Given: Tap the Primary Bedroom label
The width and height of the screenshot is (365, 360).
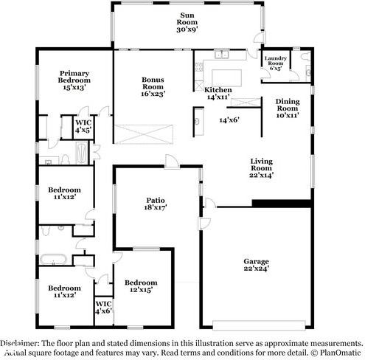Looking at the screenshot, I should (x=75, y=79).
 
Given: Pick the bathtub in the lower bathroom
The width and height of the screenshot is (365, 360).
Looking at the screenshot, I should (x=54, y=260).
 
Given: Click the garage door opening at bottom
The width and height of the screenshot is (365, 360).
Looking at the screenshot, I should (x=257, y=322).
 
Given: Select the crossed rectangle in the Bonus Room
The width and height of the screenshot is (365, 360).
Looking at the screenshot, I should (x=152, y=134).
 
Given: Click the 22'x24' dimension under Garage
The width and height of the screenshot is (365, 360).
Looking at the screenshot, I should (x=257, y=269).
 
